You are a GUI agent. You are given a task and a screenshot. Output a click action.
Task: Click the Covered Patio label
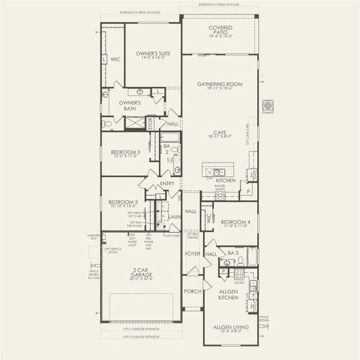[220, 31]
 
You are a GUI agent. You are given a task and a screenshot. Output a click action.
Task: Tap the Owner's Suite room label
[152, 53]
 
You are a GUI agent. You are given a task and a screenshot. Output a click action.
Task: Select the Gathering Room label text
[220, 84]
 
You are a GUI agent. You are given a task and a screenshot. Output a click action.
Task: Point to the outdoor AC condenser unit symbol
[267, 106]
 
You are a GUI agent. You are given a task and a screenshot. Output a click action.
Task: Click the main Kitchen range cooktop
[220, 194]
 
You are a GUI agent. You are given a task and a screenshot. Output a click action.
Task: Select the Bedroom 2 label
[125, 152]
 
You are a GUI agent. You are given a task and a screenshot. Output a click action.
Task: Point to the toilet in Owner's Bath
[107, 124]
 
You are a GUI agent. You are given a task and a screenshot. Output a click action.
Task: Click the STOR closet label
[151, 124]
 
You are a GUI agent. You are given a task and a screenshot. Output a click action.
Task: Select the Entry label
[167, 184]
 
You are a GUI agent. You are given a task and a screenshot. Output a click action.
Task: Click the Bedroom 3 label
[124, 202]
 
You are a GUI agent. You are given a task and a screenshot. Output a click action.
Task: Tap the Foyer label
[192, 254]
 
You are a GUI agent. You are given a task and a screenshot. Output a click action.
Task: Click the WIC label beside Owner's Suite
[115, 60]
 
